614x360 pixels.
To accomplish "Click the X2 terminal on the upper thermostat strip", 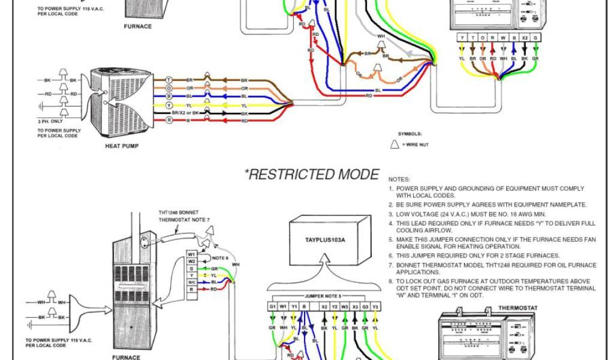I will (525, 37).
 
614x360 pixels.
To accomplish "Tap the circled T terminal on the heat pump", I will (169, 80).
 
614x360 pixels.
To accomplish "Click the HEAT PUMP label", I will (123, 146).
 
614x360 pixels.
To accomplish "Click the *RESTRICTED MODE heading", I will (311, 175).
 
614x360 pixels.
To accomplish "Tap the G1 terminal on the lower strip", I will (273, 306).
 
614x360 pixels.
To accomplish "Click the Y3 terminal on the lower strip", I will (375, 306).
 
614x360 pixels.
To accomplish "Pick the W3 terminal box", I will (344, 306).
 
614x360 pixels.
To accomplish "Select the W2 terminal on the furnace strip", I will (191, 261).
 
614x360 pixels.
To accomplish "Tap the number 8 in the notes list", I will (390, 281).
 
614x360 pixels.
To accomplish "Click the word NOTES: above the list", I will (399, 179).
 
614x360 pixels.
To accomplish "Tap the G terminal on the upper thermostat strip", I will (535, 37).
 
